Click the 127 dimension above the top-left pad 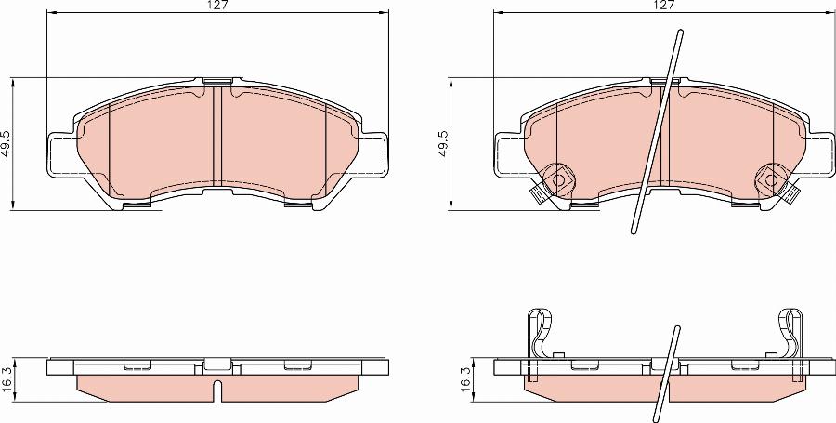tap(216, 5)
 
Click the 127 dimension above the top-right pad tap(662, 5)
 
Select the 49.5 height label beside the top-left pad tap(6, 143)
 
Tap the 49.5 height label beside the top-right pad tap(444, 143)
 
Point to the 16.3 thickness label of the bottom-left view tap(7, 379)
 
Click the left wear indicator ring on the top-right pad tap(558, 176)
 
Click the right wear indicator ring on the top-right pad tap(772, 176)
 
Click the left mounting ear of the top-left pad tap(59, 154)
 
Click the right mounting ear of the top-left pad tap(373, 154)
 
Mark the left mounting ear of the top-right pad tap(507, 154)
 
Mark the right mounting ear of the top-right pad tap(819, 154)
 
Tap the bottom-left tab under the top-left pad tap(137, 205)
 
